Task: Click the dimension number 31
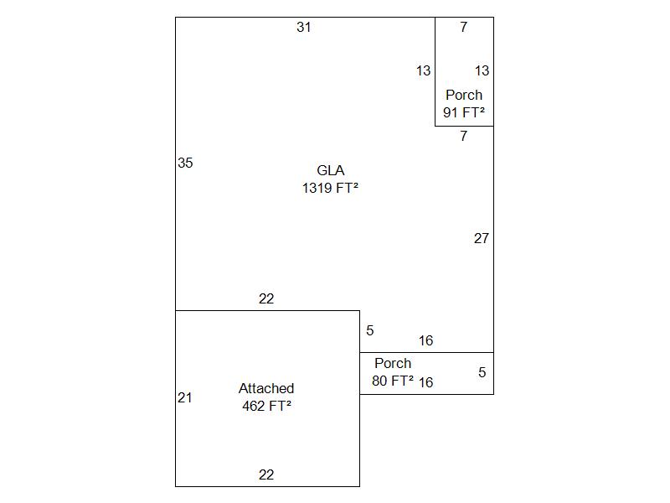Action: coord(304,28)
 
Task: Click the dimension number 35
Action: coord(185,163)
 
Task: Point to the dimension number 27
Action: coord(481,239)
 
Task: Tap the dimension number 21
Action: coord(185,398)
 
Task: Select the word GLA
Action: coord(331,171)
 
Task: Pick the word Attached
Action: coord(266,389)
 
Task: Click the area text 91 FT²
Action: coord(464,112)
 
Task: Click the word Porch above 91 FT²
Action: coord(464,96)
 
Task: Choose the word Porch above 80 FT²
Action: coord(393,364)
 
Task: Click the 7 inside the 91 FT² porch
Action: coord(464,28)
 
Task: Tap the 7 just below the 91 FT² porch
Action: coord(464,137)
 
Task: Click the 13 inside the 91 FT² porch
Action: coord(482,71)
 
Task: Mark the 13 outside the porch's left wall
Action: coord(423,71)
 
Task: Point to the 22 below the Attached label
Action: coord(266,475)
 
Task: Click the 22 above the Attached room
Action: coord(266,299)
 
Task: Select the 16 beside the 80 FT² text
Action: coord(426,383)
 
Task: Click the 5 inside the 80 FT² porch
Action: coord(482,373)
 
